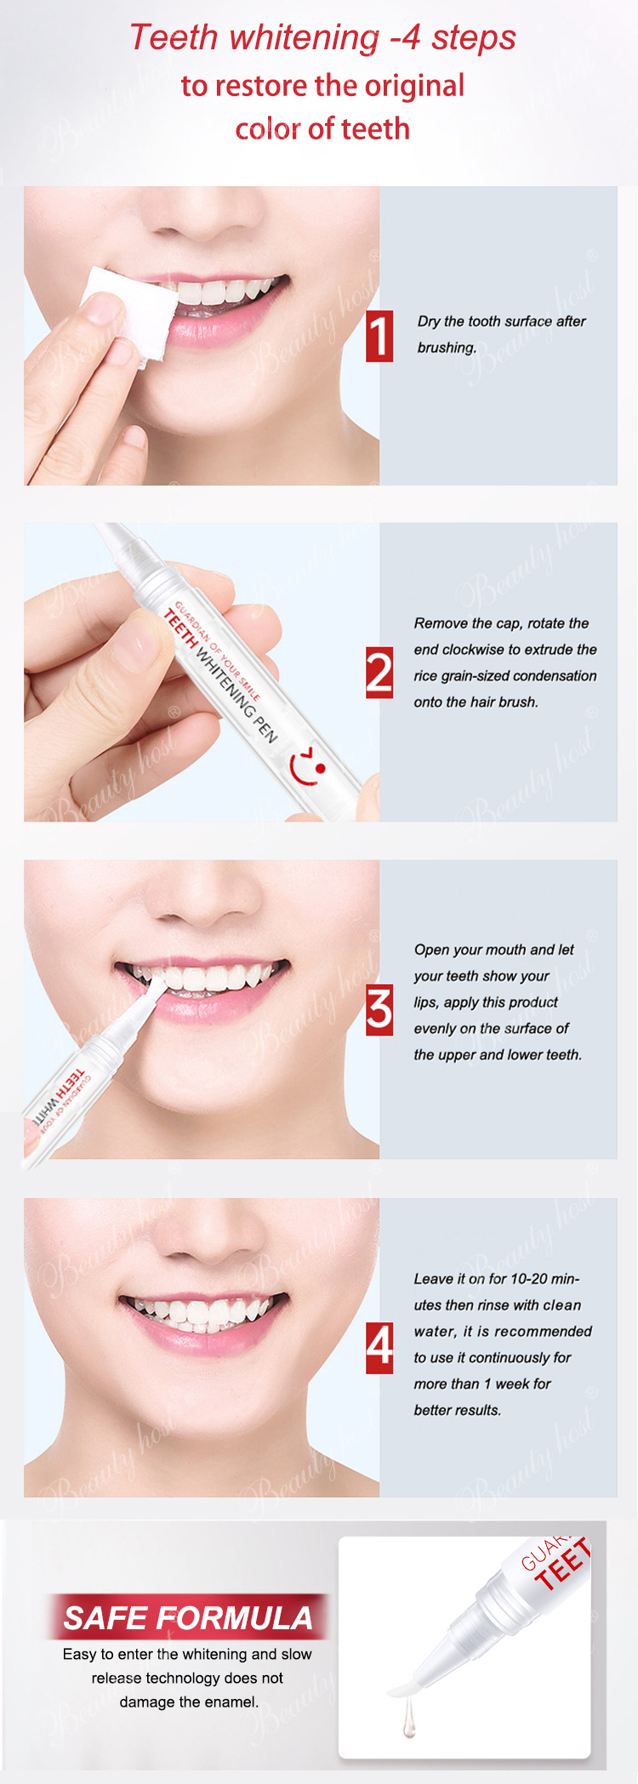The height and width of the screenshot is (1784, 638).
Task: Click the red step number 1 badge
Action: [x=379, y=336]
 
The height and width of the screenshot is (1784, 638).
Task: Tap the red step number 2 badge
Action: [x=379, y=673]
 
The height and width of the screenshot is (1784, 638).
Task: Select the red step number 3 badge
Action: [x=379, y=1010]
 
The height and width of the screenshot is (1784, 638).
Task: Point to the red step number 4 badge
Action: [x=379, y=1348]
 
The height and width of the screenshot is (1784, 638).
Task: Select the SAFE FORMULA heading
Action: [x=188, y=1617]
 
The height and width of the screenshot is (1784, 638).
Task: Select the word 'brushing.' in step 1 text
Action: [x=447, y=348]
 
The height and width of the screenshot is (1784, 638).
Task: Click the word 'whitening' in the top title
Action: [x=304, y=38]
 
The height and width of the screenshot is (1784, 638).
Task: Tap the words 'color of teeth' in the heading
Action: [x=322, y=129]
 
